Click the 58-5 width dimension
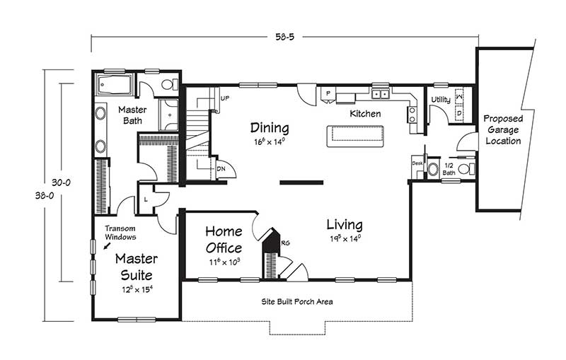tap(285, 37)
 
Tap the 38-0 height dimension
tap(45, 196)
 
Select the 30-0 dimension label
tap(61, 182)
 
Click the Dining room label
tap(270, 128)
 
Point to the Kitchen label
tap(365, 114)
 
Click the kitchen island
tap(355, 136)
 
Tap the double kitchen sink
tap(380, 94)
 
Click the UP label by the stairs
tap(224, 98)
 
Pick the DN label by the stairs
tap(221, 169)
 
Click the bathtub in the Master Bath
tap(115, 85)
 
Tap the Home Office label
tap(224, 240)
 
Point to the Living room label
tap(345, 225)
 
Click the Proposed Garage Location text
tap(503, 129)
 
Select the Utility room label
tap(441, 100)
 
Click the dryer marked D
tap(459, 113)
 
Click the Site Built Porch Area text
tap(297, 301)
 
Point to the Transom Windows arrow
tap(108, 245)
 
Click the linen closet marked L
tap(146, 199)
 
